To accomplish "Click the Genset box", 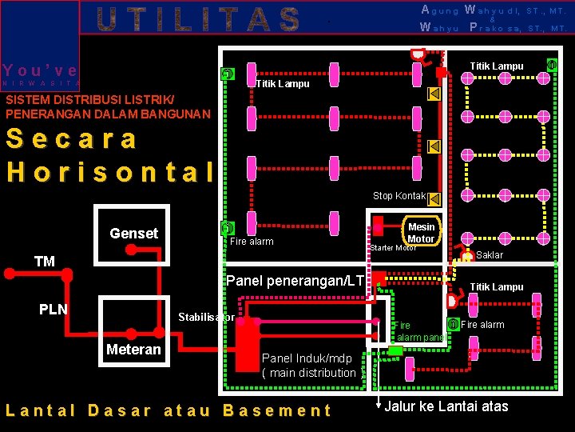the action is pos(133,232).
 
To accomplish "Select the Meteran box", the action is pos(133,350).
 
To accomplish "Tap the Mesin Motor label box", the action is pos(421,233).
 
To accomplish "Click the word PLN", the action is pos(54,310).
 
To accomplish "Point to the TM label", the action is pos(45,262).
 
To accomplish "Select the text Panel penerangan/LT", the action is pos(295,281).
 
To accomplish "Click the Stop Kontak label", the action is pos(399,196).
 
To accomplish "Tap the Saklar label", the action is pos(490,255).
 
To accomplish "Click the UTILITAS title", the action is pos(199,18).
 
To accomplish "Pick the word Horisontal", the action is pos(111,171).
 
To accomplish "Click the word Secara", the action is pos(72,138).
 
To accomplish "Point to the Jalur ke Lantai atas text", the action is pos(446,406).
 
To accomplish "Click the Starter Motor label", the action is pos(393,248).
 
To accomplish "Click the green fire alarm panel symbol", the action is pos(395,350).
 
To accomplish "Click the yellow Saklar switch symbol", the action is pos(467,257).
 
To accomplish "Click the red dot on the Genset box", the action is pos(130,249).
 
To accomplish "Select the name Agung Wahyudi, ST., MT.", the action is pos(493,11).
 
